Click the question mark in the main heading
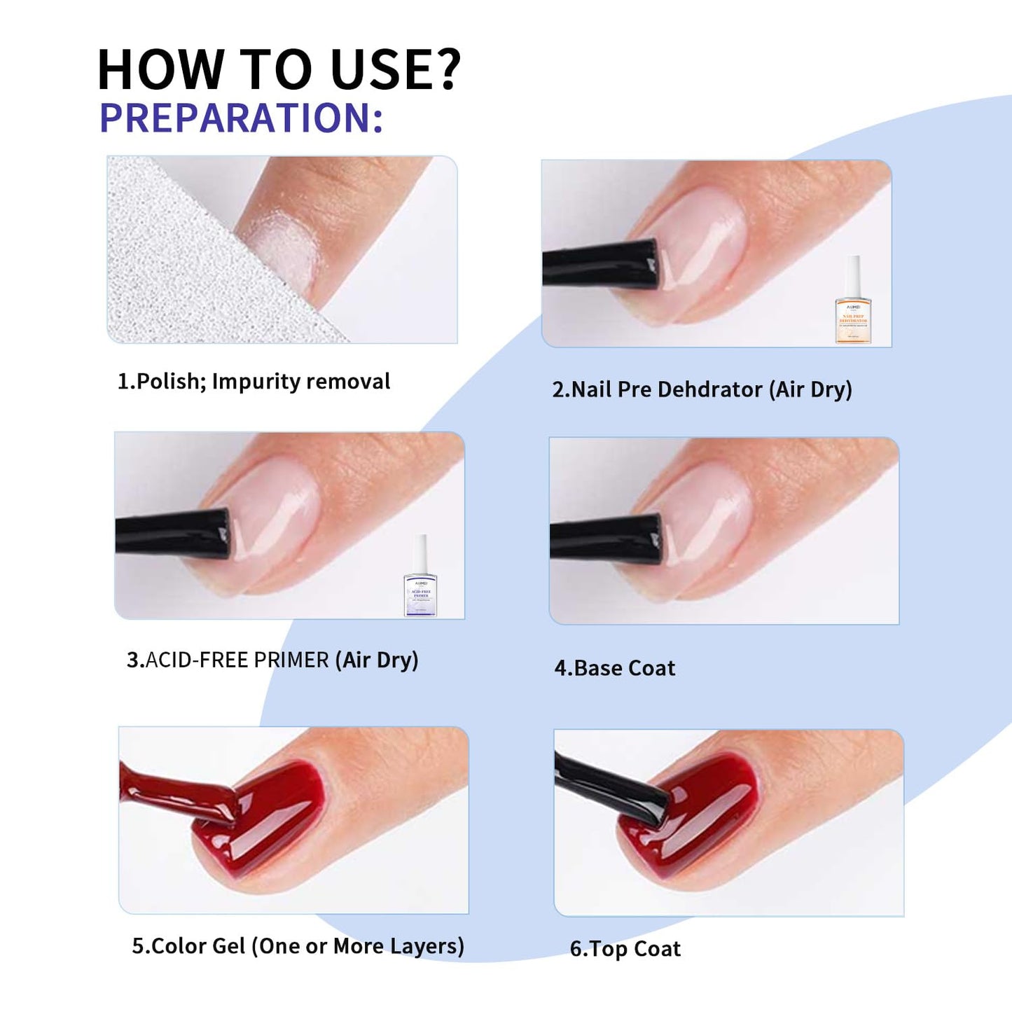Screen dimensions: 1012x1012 [443, 70]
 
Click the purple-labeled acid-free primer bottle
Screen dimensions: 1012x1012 [420, 578]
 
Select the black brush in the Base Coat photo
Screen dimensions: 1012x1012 [605, 539]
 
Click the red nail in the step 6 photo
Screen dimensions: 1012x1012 [707, 812]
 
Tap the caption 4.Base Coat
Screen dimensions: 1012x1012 [615, 668]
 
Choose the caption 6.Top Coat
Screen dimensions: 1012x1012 [625, 949]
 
